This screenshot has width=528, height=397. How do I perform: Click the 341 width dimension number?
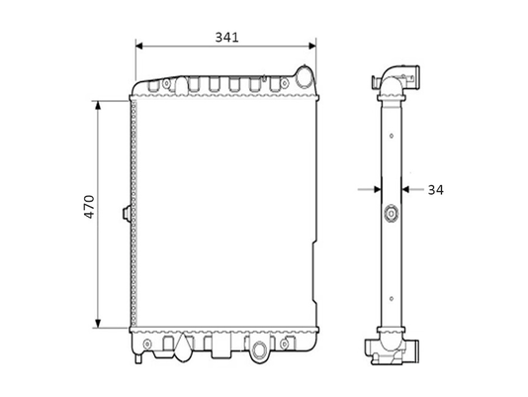pyautogui.click(x=227, y=37)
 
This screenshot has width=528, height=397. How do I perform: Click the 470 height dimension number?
pyautogui.click(x=90, y=207)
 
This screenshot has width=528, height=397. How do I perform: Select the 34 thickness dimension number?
pyautogui.click(x=436, y=190)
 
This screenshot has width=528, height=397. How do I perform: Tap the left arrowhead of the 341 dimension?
pyautogui.click(x=139, y=46)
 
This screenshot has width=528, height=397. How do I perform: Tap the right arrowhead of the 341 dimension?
pyautogui.click(x=312, y=46)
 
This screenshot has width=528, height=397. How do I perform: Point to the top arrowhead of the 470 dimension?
pyautogui.click(x=98, y=105)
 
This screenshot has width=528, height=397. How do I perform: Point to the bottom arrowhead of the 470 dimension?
pyautogui.click(x=98, y=323)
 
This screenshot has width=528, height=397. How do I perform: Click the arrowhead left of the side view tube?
pyautogui.click(x=378, y=189)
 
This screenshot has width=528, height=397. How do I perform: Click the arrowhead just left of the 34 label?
pyautogui.click(x=405, y=189)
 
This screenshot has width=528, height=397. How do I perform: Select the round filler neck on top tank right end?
pyautogui.click(x=305, y=76)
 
